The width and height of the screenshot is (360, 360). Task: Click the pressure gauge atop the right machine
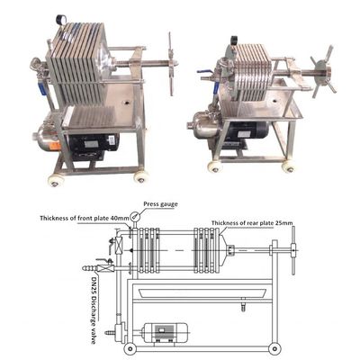[x=234, y=41]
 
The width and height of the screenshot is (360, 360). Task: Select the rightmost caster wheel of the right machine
[x=288, y=166]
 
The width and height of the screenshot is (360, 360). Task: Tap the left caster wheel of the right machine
[x=213, y=166]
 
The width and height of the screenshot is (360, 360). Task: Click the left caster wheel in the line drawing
[x=131, y=349]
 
